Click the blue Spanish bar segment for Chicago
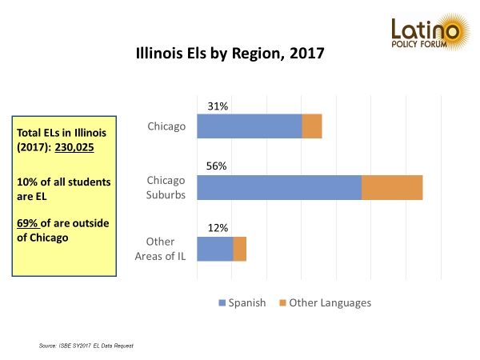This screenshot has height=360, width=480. (x=249, y=126)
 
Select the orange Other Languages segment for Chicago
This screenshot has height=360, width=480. (x=312, y=126)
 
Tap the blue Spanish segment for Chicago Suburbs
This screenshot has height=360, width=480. (x=278, y=187)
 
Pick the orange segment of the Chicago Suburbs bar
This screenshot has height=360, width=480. (x=392, y=187)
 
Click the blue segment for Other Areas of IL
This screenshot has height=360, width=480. (x=214, y=249)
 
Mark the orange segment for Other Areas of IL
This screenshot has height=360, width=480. (x=239, y=249)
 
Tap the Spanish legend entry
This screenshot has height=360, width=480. (x=242, y=302)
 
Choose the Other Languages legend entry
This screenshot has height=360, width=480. (x=324, y=302)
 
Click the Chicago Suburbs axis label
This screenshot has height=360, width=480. (x=166, y=187)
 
